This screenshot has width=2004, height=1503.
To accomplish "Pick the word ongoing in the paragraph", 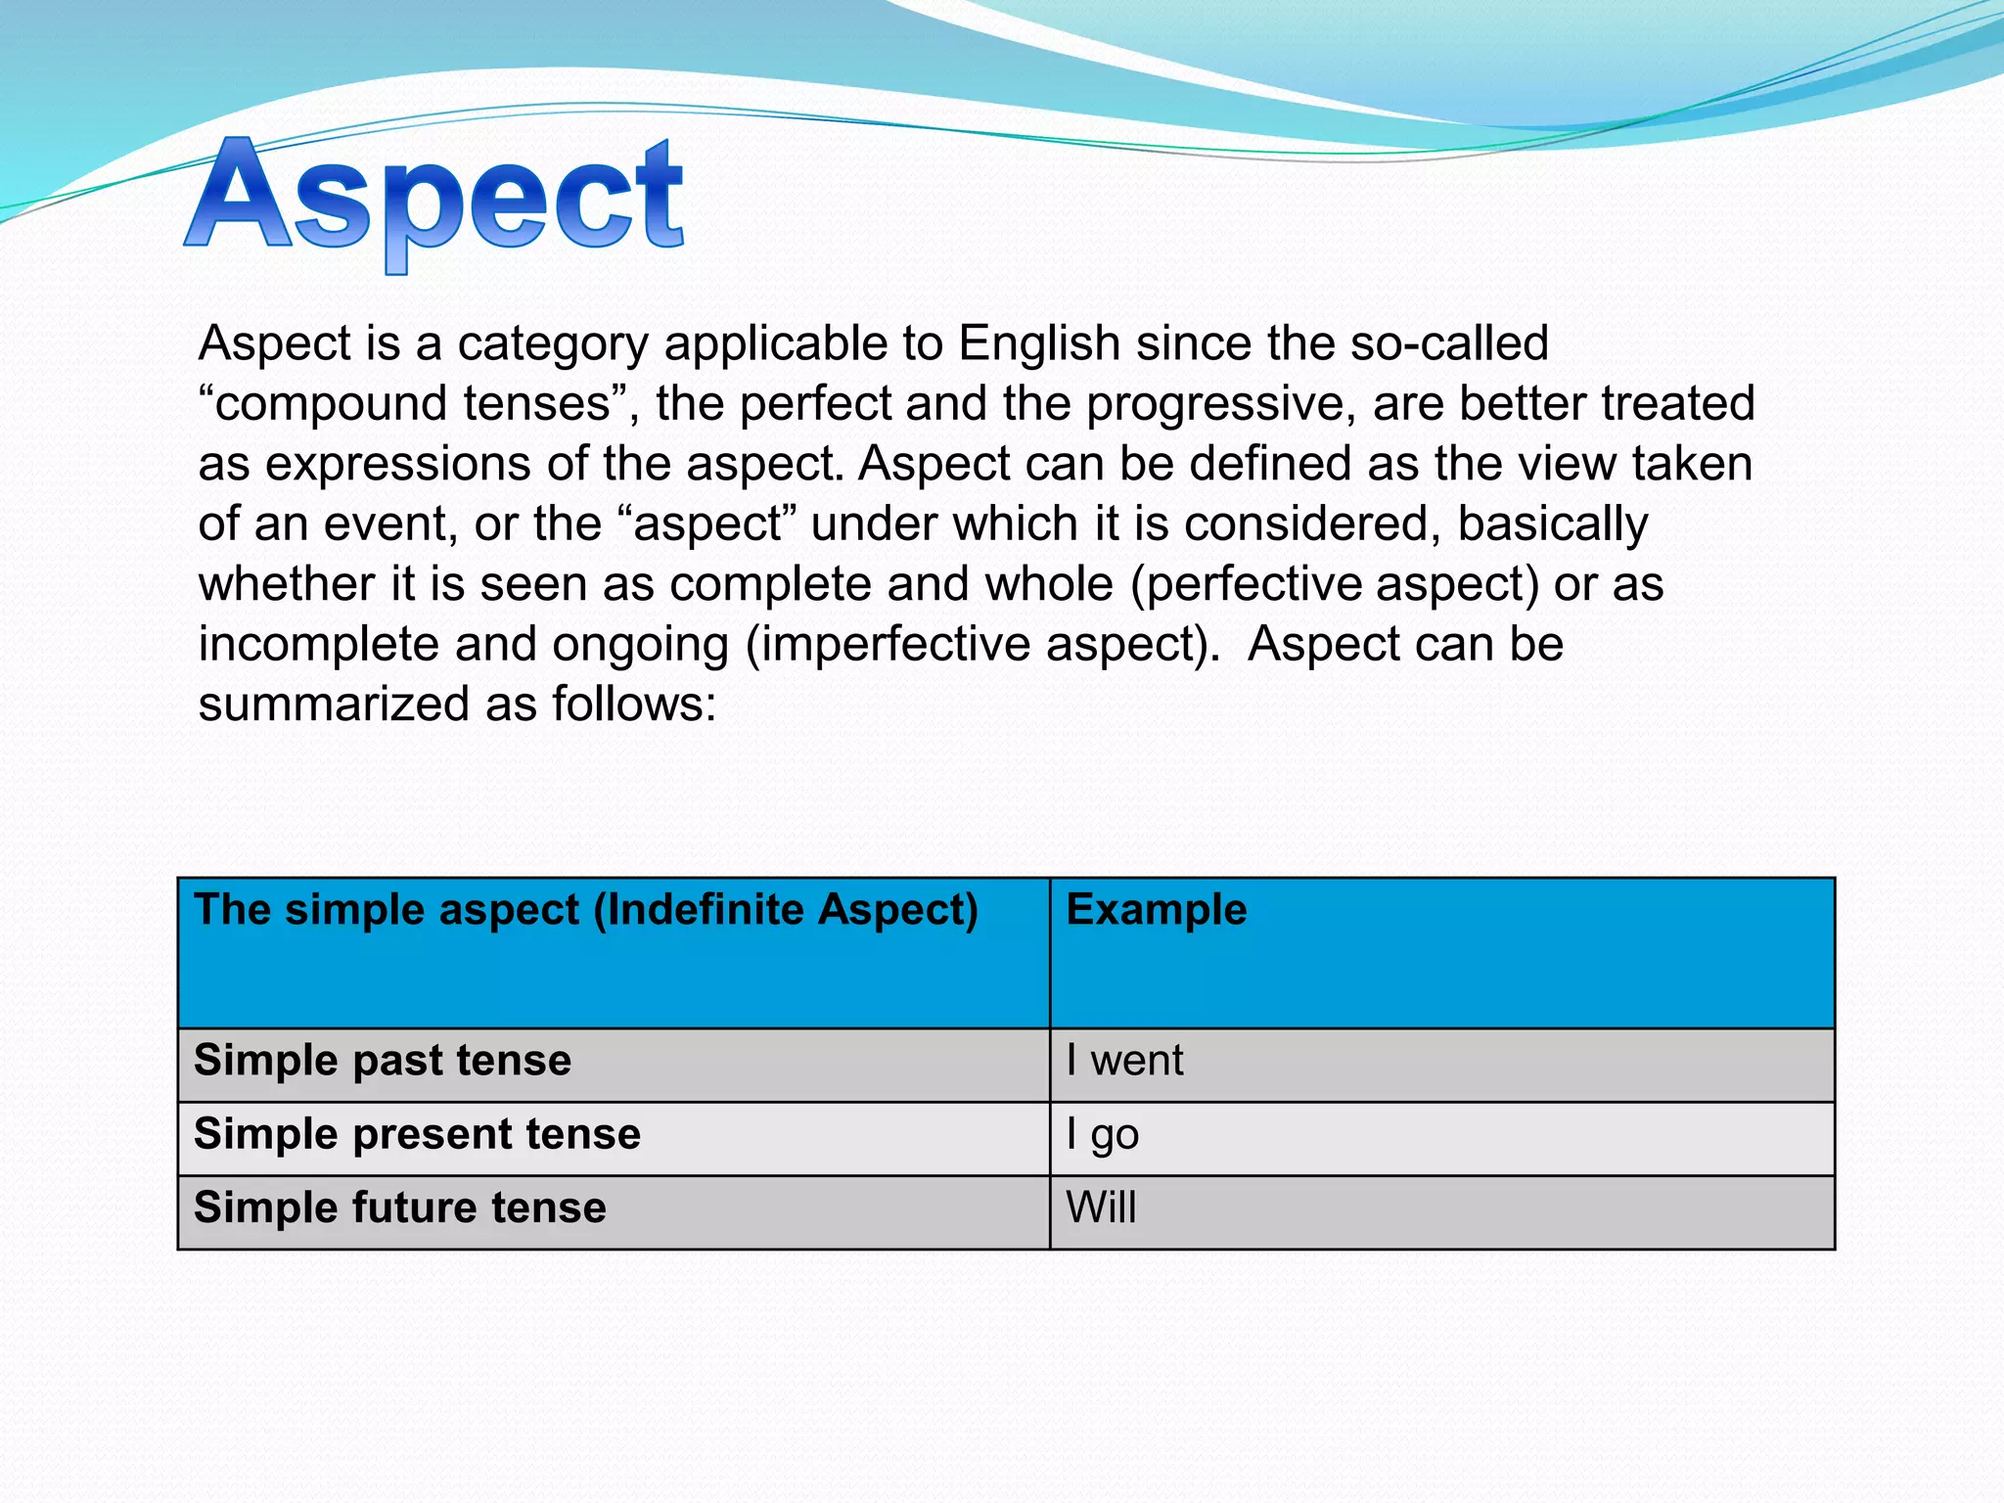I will pyautogui.click(x=641, y=645).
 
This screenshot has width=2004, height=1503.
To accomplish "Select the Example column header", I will pyautogui.click(x=1157, y=909).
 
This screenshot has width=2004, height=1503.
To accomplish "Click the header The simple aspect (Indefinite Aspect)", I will pyautogui.click(x=586, y=909).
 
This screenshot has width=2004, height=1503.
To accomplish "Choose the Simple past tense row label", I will pyautogui.click(x=383, y=1061).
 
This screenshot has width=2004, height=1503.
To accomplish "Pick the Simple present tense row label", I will pyautogui.click(x=417, y=1134).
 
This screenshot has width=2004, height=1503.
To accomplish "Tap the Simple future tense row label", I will pyautogui.click(x=400, y=1207).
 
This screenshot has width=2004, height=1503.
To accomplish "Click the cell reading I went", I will pyautogui.click(x=1124, y=1061).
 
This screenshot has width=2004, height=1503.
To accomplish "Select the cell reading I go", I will pyautogui.click(x=1103, y=1135).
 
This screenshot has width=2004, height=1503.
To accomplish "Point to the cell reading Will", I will pyautogui.click(x=1101, y=1207).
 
